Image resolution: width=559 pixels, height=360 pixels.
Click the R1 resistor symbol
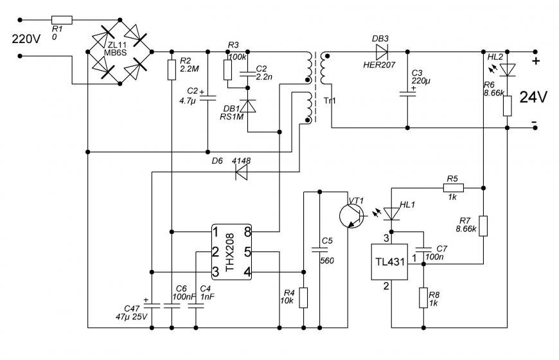[x=62, y=20]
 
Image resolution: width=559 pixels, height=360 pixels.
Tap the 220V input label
[x=26, y=39]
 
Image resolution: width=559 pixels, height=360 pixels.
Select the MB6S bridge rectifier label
[x=115, y=53]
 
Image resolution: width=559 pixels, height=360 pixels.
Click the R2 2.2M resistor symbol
[x=172, y=70]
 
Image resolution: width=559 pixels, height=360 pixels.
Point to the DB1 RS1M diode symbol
[x=248, y=106]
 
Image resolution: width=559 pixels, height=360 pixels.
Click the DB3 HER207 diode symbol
[x=382, y=52]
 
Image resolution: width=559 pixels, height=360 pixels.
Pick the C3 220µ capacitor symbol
[x=407, y=94]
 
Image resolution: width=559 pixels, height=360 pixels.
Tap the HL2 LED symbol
[x=508, y=70]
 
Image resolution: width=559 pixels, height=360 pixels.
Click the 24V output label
[x=533, y=97]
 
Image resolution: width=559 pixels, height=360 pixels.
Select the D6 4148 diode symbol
[x=242, y=172]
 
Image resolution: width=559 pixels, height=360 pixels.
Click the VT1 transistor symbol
[x=351, y=215]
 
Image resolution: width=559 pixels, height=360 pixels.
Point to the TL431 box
[x=389, y=262]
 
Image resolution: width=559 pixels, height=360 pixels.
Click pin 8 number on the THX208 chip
[x=247, y=232]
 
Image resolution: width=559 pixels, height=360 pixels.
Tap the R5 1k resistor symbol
[x=454, y=188]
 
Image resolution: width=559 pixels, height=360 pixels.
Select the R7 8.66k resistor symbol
[x=483, y=226]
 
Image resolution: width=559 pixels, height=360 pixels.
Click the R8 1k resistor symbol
[x=423, y=298]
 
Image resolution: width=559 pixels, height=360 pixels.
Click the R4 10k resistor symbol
[x=303, y=298]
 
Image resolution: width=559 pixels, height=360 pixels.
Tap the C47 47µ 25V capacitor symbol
[x=152, y=306]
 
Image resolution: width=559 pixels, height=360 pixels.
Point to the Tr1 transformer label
[x=330, y=101]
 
